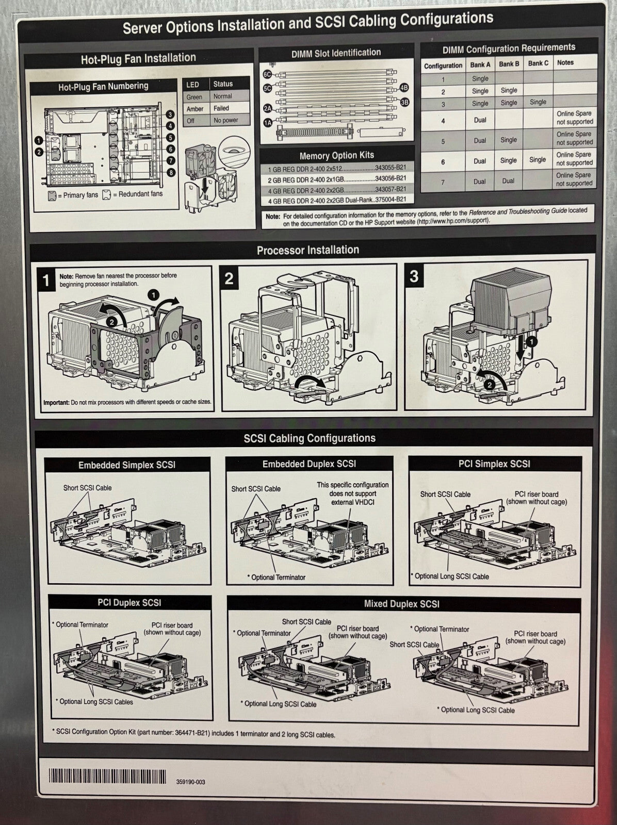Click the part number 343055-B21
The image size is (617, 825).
tap(391, 168)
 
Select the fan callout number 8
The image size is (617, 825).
tap(171, 172)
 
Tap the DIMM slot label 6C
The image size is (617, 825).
tap(267, 74)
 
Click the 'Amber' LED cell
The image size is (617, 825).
tap(195, 109)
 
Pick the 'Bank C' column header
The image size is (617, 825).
tap(538, 63)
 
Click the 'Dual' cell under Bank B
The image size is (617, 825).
tap(508, 181)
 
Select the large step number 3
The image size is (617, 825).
tap(414, 276)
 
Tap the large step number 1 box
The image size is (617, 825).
tap(46, 280)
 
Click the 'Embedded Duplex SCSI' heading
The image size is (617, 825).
tap(309, 464)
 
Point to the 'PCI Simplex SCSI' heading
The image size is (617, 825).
tap(494, 464)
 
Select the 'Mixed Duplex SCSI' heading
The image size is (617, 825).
tap(402, 604)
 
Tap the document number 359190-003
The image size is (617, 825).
tap(191, 782)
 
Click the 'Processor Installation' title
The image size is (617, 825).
tap(308, 250)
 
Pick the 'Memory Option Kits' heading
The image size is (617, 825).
tap(337, 155)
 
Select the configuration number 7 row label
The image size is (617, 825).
tap(443, 183)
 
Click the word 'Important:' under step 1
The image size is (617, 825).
tap(56, 402)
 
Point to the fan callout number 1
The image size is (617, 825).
tap(39, 140)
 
